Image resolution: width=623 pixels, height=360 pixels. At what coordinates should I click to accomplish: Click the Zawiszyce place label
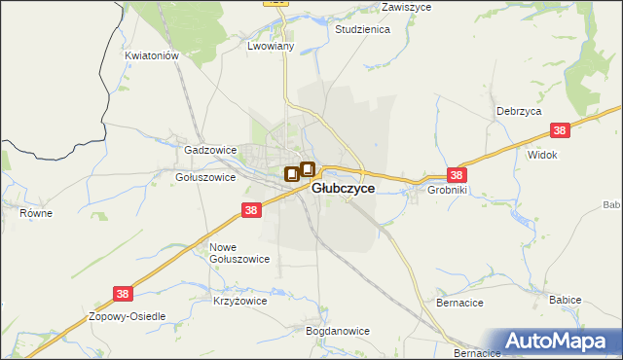[x=408, y=6]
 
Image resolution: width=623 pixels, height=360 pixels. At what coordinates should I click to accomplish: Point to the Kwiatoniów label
[x=153, y=56]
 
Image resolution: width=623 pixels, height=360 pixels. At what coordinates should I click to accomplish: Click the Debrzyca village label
[x=518, y=111]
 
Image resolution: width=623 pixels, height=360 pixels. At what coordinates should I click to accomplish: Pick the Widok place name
[x=541, y=155]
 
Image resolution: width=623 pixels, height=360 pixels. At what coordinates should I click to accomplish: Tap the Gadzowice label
[x=210, y=151]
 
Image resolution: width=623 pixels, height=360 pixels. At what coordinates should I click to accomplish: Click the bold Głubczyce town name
[x=343, y=189]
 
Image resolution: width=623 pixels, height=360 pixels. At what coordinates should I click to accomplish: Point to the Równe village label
[x=35, y=210]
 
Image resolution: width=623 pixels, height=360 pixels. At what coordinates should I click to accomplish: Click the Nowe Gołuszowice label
[x=239, y=253]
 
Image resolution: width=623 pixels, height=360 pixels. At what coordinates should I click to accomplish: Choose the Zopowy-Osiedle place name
[x=128, y=317]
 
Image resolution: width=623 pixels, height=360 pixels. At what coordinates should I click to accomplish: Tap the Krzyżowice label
[x=239, y=302]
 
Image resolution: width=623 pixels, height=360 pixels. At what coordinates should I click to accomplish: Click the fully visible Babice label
[x=565, y=300]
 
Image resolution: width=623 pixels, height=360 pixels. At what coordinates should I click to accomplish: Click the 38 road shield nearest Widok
[x=560, y=130]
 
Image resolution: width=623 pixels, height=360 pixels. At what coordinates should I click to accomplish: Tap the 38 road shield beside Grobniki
[x=458, y=175]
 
